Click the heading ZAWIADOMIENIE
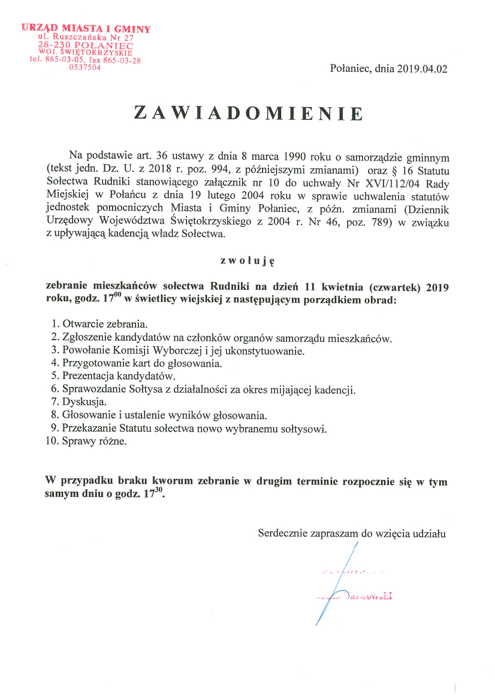pos(248,114)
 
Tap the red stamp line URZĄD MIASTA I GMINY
pos(86,28)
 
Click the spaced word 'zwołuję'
pos(247,260)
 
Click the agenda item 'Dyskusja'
pos(84,401)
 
